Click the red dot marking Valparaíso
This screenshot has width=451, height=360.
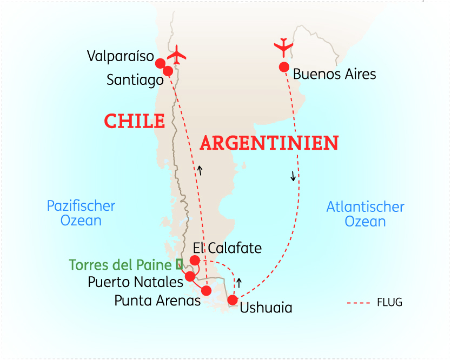pyautogui.click(x=160, y=63)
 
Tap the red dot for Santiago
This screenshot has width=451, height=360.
pyautogui.click(x=168, y=71)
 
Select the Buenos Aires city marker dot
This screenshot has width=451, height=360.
pyautogui.click(x=283, y=67)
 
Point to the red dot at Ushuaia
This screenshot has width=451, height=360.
pyautogui.click(x=233, y=300)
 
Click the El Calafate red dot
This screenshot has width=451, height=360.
pyautogui.click(x=195, y=261)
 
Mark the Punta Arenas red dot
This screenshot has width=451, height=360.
pyautogui.click(x=206, y=291)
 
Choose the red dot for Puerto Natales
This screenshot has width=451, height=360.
pyautogui.click(x=190, y=276)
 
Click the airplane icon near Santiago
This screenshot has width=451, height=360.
pyautogui.click(x=176, y=54)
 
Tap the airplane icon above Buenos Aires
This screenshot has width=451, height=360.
pyautogui.click(x=284, y=47)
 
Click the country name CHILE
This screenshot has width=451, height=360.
pyautogui.click(x=134, y=121)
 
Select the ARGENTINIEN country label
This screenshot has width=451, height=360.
pyautogui.click(x=269, y=143)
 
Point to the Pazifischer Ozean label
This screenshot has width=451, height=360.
pyautogui.click(x=81, y=213)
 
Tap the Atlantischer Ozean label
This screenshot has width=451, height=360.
pyautogui.click(x=366, y=214)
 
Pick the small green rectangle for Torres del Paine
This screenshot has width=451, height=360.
pyautogui.click(x=180, y=264)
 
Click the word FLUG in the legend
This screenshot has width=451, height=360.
pyautogui.click(x=389, y=302)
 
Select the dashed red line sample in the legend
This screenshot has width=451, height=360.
pyautogui.click(x=359, y=303)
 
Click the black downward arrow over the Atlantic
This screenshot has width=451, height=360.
pyautogui.click(x=293, y=176)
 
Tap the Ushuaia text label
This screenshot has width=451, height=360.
pyautogui.click(x=266, y=308)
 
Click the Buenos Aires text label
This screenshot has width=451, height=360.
pyautogui.click(x=334, y=74)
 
